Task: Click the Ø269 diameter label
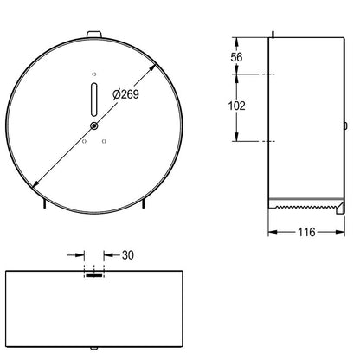tap(125, 94)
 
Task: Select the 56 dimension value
tap(236, 57)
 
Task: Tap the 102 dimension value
tap(237, 106)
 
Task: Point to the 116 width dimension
tap(306, 232)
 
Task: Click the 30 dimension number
tap(128, 255)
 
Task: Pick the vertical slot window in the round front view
tap(94, 100)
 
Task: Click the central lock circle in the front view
tap(94, 125)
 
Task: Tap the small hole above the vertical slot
tap(94, 74)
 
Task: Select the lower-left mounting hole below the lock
tap(84, 141)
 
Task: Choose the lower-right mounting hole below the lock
tap(104, 141)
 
